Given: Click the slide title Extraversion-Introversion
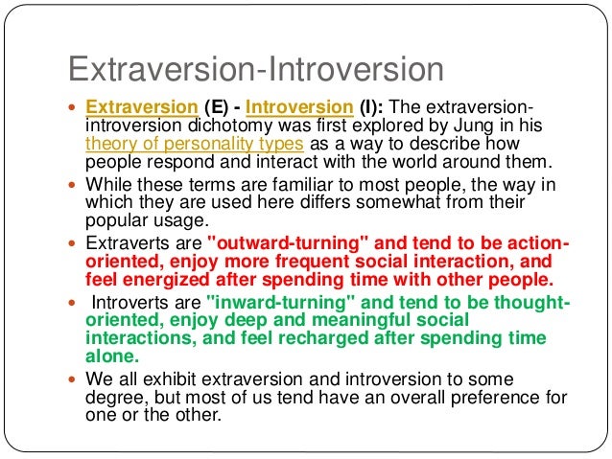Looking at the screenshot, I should tap(254, 71).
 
